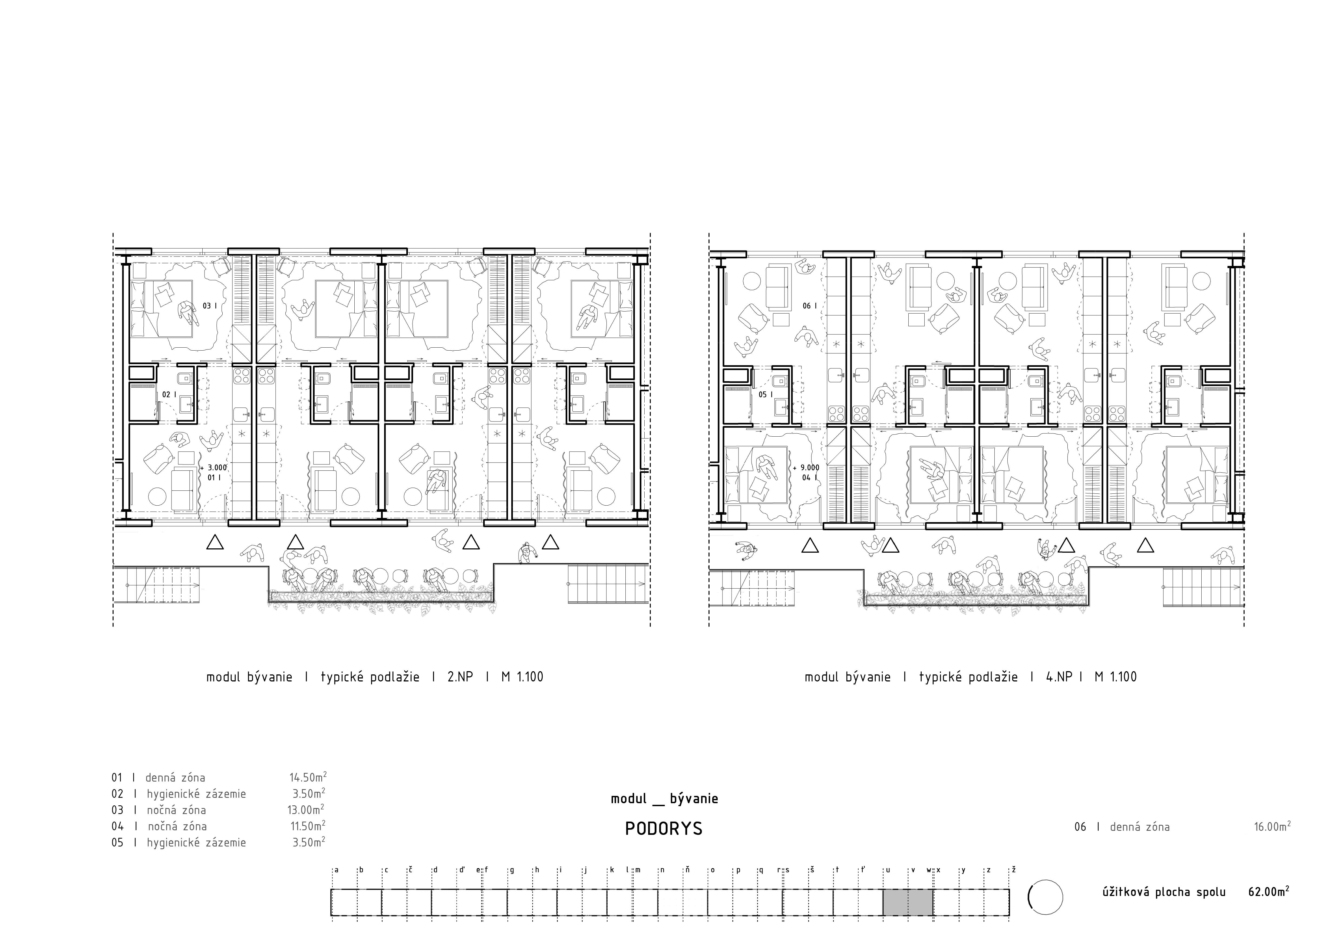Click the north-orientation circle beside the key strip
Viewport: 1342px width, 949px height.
pos(1045,897)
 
